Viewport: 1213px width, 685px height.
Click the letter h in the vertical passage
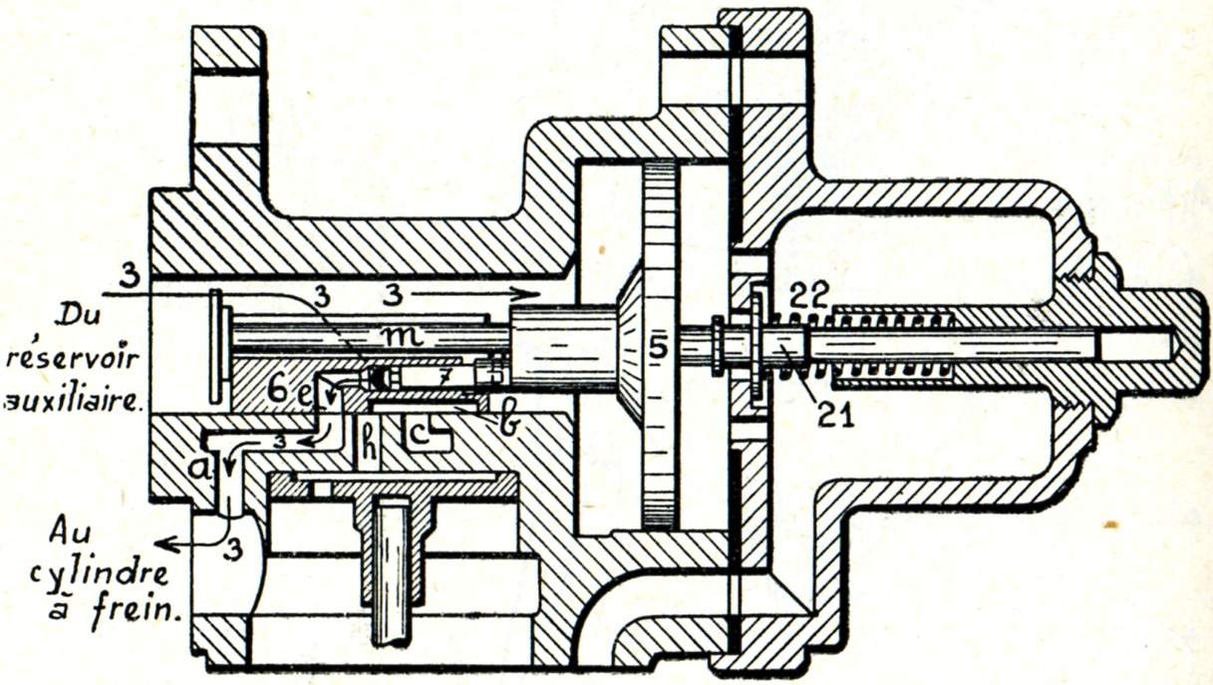[368, 449]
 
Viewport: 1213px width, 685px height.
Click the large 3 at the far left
[126, 273]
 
